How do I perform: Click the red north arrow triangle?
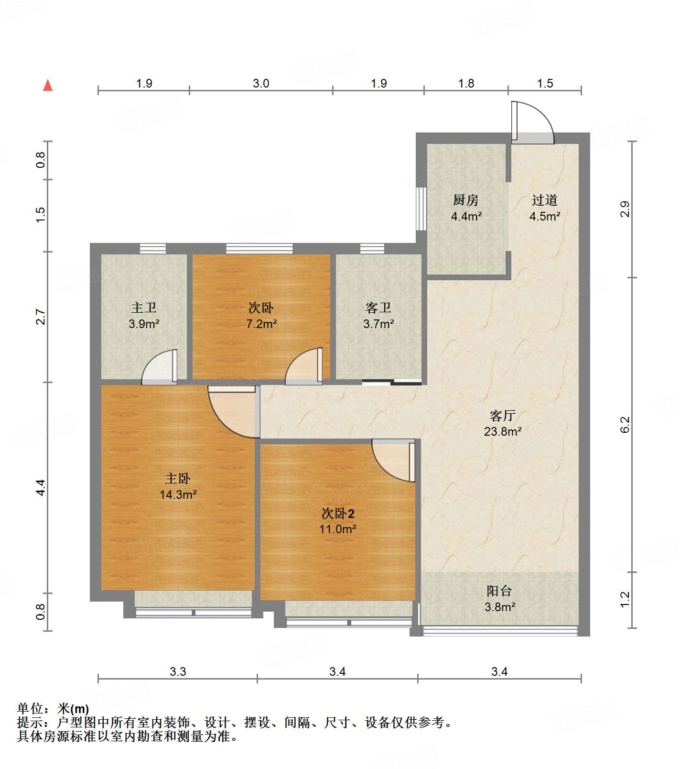click(48, 85)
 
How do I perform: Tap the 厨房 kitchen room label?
click(465, 200)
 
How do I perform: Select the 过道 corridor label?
click(545, 200)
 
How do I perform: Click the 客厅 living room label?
click(503, 415)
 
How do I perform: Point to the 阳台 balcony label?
click(499, 591)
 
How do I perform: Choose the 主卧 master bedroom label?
click(178, 478)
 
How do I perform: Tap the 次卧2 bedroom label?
click(338, 514)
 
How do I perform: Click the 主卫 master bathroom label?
click(144, 308)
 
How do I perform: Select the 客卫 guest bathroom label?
click(378, 308)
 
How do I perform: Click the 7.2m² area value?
click(261, 324)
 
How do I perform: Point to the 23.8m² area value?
click(503, 431)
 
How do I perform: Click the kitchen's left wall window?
click(421, 209)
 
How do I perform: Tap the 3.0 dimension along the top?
click(261, 83)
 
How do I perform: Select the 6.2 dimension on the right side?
click(625, 424)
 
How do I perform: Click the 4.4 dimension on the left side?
click(41, 487)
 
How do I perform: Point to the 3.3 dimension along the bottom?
click(178, 671)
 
